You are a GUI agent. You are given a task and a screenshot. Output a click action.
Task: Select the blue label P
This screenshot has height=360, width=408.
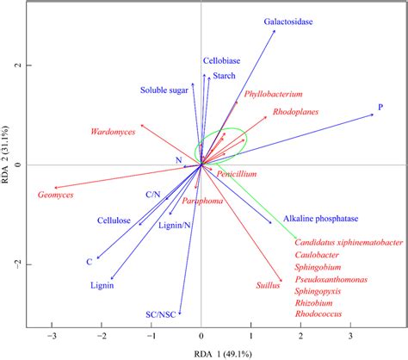coord(380,107)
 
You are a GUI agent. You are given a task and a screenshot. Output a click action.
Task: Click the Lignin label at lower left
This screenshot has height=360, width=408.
coord(102,285)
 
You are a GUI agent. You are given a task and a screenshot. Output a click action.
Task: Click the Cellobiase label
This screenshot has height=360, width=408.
coord(222,61)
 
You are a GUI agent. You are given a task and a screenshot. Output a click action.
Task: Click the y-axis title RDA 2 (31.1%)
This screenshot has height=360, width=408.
coord(8,164)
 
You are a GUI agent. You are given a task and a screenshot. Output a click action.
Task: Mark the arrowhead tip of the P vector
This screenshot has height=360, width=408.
coord(374,115)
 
